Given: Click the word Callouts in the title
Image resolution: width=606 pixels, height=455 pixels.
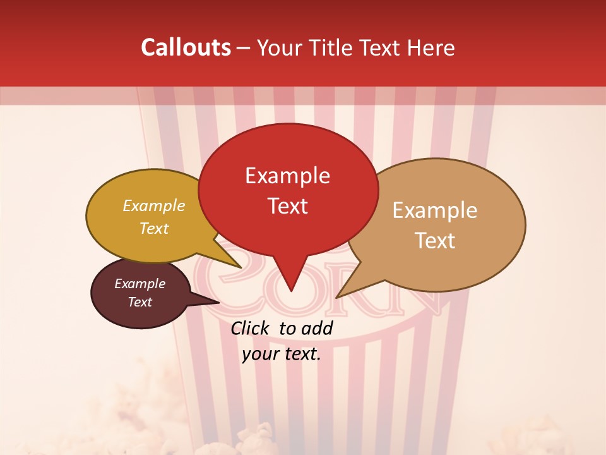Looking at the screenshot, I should point(186,47).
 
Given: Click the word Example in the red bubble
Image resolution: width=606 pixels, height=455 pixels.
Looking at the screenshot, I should point(287,176).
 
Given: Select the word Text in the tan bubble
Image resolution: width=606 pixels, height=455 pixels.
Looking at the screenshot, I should point(436,241).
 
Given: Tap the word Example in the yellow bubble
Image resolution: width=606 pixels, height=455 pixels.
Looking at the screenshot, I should point(154,205).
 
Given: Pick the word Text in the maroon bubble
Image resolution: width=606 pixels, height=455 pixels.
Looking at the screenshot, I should point(140,302).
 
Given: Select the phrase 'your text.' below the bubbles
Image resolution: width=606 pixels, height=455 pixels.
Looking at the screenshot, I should point(282,354).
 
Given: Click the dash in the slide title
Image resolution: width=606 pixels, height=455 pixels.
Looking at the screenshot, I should point(244,47).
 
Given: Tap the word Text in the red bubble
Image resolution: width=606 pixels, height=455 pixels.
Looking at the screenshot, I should point(288,206).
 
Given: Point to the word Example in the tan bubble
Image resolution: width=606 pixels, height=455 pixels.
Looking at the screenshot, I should point(435,210).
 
